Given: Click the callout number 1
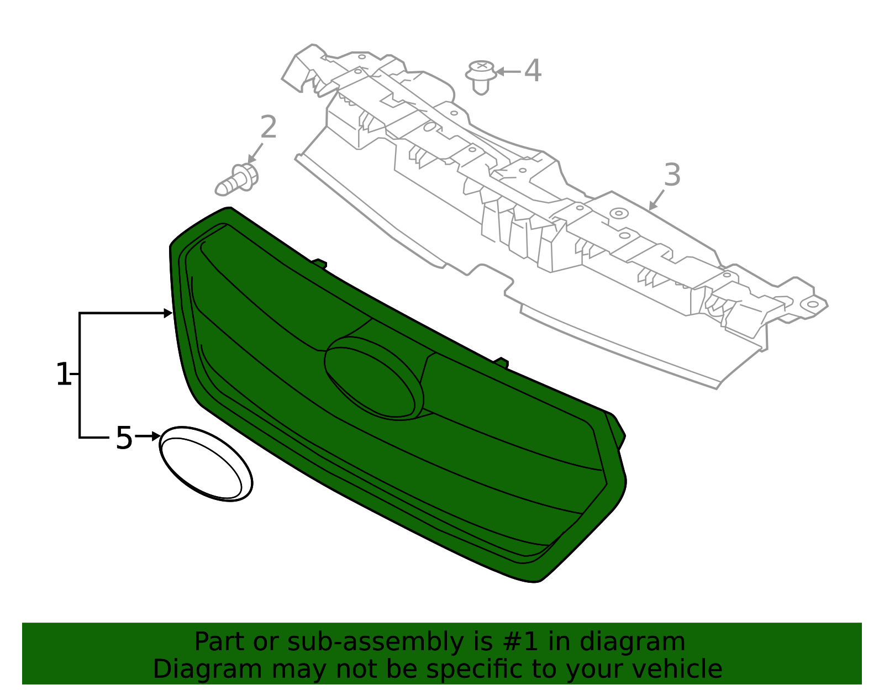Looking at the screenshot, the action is pos(64,374).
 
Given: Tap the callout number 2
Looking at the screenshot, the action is pos(269,127).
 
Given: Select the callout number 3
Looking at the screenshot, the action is pos(672,175).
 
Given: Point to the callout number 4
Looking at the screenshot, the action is pos(533,71).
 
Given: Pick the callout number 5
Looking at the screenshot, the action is pos(124,438).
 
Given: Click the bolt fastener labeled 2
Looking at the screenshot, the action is pos(236,180).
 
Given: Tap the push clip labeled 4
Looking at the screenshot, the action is pos(481,77).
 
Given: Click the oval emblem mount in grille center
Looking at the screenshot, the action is pos(374,378).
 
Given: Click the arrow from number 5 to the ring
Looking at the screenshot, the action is pos(148,436).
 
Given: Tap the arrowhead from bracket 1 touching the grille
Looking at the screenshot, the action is pos(168,313).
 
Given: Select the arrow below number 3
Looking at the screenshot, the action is pos(656,200).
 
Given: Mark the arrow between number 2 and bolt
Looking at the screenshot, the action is pos(255,153).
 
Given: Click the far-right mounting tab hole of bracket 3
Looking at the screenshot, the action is pos(812,304).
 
